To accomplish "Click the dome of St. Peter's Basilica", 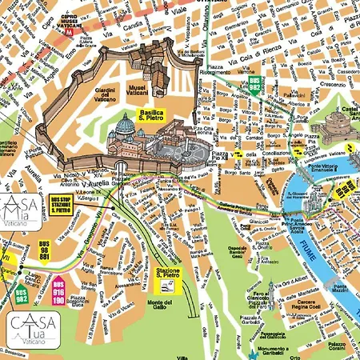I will coord(126,126).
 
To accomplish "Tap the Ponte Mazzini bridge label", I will coord(340,290).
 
